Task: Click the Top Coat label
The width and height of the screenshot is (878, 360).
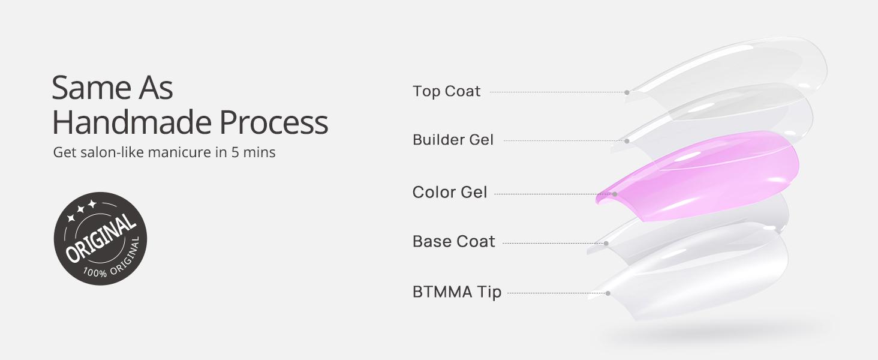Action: tap(446, 91)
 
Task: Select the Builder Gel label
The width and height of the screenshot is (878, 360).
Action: tap(453, 140)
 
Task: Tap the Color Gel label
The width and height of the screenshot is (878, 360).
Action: tap(450, 193)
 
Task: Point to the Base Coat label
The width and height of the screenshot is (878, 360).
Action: tap(453, 241)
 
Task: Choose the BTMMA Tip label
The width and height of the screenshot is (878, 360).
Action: tap(456, 292)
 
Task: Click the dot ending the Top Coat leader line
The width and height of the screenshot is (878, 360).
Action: tap(627, 92)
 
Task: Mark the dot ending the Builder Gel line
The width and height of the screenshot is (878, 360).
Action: tap(627, 141)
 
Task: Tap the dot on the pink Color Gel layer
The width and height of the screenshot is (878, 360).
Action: tap(615, 194)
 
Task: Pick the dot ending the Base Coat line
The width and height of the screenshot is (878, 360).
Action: tap(606, 243)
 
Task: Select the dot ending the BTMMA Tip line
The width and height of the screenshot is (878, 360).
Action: tap(608, 293)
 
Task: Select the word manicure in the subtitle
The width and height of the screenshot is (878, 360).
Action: tap(183, 152)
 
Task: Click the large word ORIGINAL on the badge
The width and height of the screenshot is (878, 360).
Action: tap(101, 239)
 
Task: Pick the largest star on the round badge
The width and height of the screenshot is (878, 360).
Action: tap(92, 205)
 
